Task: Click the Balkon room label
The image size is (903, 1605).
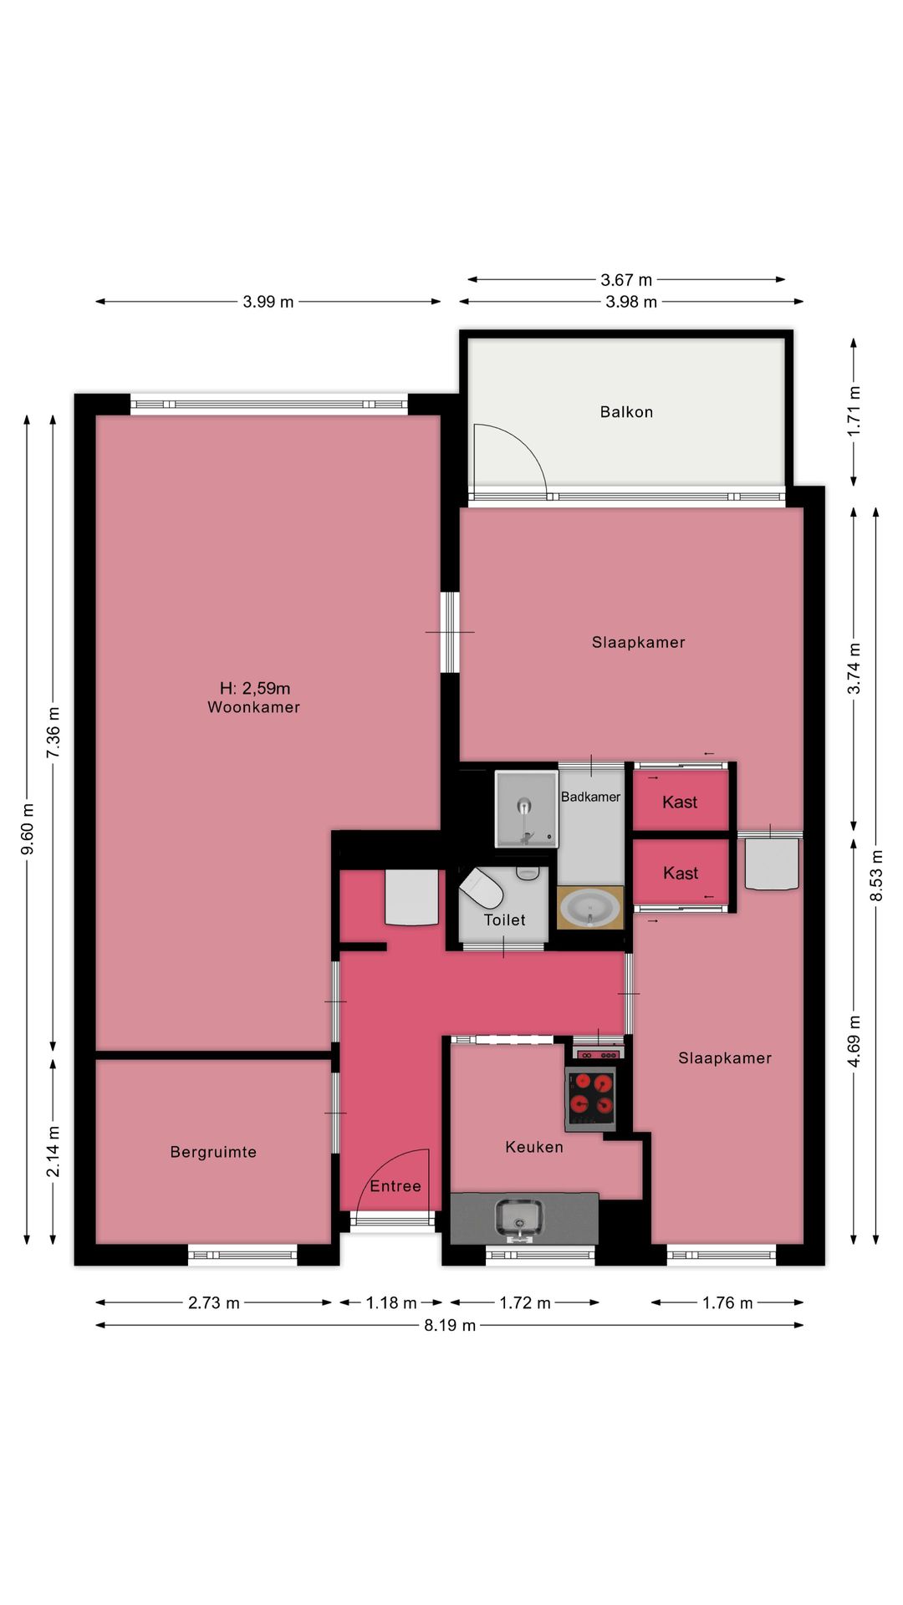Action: pyautogui.click(x=626, y=412)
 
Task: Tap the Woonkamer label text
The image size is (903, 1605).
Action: pyautogui.click(x=253, y=707)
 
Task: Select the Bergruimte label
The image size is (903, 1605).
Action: pyautogui.click(x=213, y=1152)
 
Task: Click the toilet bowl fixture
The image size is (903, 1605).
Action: pyautogui.click(x=482, y=888)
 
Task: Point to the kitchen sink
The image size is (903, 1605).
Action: pyautogui.click(x=519, y=1218)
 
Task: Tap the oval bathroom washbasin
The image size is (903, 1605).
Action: pyautogui.click(x=589, y=908)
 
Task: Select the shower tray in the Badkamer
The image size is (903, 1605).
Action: pyautogui.click(x=526, y=809)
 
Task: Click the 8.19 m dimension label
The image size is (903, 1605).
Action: pyautogui.click(x=450, y=1325)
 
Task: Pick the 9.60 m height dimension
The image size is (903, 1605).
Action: pyautogui.click(x=28, y=828)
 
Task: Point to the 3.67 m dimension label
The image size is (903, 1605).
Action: pyautogui.click(x=626, y=280)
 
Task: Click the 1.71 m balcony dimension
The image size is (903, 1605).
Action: pyautogui.click(x=854, y=410)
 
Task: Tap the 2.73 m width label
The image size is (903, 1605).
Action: pyautogui.click(x=214, y=1302)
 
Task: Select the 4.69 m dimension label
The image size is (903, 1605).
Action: pyautogui.click(x=854, y=1041)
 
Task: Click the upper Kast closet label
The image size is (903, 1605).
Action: pyautogui.click(x=680, y=802)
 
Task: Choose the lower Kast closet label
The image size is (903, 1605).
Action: pyautogui.click(x=681, y=874)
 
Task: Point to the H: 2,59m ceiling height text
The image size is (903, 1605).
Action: pyautogui.click(x=255, y=688)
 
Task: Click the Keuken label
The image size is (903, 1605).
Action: pyautogui.click(x=534, y=1147)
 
